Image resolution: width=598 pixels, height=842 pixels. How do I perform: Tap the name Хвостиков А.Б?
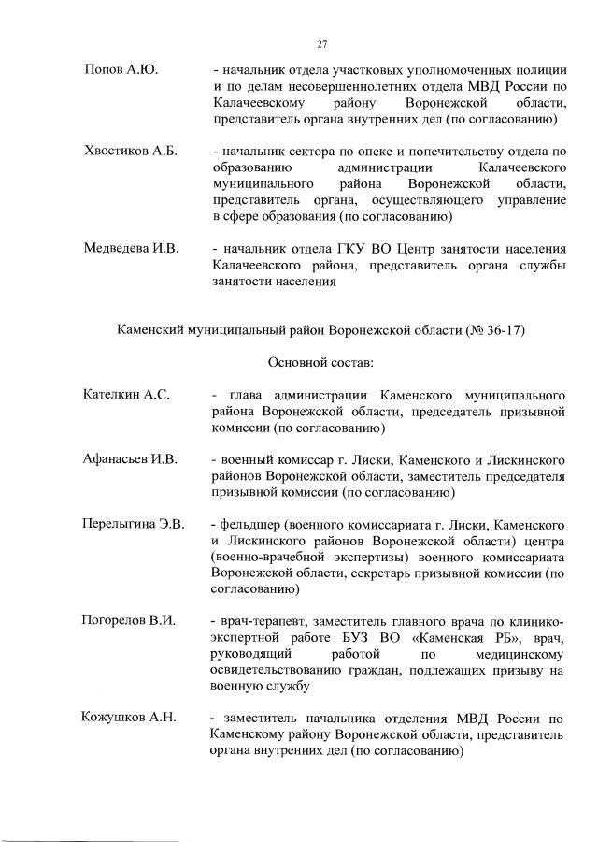tap(131, 151)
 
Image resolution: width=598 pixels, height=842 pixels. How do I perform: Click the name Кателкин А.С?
tap(126, 395)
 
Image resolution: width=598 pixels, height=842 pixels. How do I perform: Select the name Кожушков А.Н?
tap(129, 719)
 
